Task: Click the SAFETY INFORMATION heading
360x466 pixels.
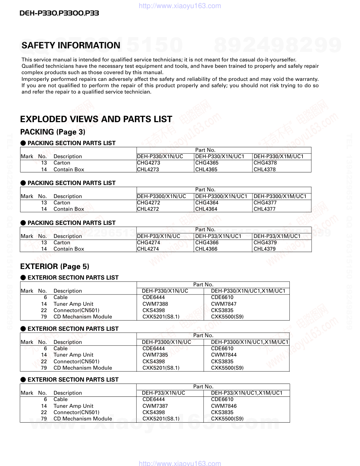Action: (x=71, y=46)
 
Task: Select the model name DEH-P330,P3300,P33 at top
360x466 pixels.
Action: (x=59, y=13)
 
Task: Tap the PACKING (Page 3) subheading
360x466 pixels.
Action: (x=53, y=132)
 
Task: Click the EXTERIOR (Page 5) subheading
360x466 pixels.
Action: (x=55, y=267)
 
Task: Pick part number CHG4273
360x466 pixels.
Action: (x=148, y=163)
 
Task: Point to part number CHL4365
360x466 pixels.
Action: (x=206, y=169)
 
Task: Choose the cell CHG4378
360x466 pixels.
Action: (x=265, y=163)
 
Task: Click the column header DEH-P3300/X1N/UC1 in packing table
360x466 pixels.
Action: (x=221, y=196)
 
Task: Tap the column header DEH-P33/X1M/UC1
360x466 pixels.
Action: (x=277, y=236)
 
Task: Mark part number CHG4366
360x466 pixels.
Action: (x=207, y=243)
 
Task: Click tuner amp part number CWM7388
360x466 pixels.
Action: (x=155, y=304)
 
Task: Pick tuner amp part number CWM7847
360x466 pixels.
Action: (x=224, y=304)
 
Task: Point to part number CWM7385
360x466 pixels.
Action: (x=155, y=355)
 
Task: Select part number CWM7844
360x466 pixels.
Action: (x=224, y=355)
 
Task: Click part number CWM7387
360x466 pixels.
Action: (x=155, y=406)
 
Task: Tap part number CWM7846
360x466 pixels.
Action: (x=224, y=406)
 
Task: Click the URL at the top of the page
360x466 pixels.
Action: (x=180, y=6)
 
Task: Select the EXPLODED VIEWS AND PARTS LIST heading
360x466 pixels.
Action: (x=96, y=119)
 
